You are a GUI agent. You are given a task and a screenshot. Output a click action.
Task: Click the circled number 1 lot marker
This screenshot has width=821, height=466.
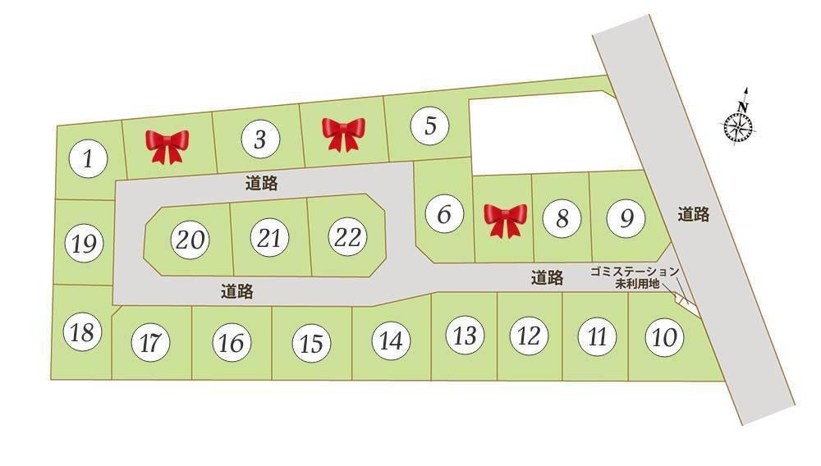coord(88,159)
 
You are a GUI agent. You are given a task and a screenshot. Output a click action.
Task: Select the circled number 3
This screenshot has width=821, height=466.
coord(260,139)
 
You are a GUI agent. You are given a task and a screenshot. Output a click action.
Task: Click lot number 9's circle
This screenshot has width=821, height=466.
coord(626,218)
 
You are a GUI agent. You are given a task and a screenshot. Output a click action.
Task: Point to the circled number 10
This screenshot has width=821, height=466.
coord(664,336)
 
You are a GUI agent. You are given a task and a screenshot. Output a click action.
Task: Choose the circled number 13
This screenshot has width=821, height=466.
coord(465,336)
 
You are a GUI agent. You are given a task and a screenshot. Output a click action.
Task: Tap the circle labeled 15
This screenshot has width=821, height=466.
coord(311,344)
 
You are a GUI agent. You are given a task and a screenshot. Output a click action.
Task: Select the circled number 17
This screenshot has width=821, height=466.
coord(149,344)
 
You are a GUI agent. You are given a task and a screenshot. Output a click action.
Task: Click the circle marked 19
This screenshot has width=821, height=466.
coord(85,244)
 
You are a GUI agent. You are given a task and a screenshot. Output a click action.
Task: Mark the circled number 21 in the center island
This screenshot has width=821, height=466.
coord(269,239)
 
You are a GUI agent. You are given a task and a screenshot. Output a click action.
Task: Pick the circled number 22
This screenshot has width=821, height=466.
coord(348,238)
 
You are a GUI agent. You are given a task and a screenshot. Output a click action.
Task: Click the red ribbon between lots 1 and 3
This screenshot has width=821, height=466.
coord(167,146)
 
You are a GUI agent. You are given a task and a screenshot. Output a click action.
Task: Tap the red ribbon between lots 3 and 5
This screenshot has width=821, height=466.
coord(343,134)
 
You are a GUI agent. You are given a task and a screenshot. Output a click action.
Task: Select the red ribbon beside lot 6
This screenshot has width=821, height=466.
coord(505,220)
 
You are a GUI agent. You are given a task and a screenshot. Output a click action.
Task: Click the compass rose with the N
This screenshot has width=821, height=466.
coord(739,125)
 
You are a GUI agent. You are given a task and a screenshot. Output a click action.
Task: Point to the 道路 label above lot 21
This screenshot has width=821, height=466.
coord(261,184)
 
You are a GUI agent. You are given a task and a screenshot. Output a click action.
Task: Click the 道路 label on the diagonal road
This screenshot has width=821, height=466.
coord(694,215)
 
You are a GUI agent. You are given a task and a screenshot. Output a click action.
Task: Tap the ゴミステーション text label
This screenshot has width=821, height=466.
coord(635,272)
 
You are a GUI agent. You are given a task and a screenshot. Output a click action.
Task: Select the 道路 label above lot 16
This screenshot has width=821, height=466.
coord(236,291)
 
